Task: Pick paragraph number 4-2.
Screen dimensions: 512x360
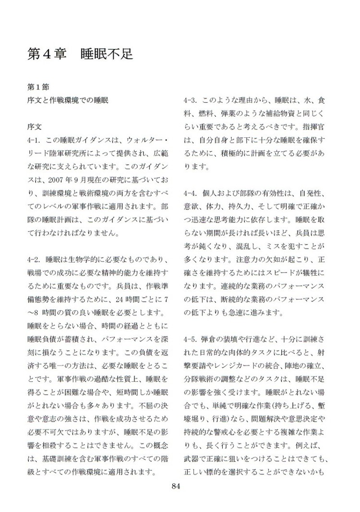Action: click(36, 260)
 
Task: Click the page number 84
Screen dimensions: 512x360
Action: click(175, 487)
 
